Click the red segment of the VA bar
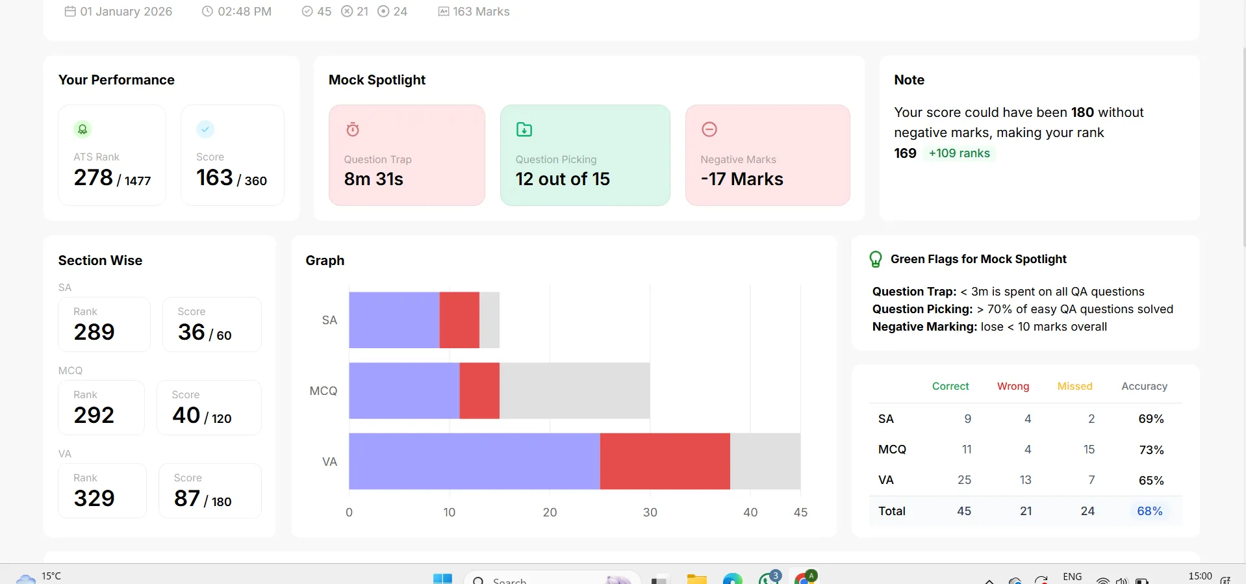coord(665,461)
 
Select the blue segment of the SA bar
coord(394,320)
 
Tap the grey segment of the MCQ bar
coord(574,390)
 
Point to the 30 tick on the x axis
coord(650,512)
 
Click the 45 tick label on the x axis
coord(800,512)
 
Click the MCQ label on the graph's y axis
coord(324,391)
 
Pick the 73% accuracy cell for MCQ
coord(1151,450)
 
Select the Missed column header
coord(1074,386)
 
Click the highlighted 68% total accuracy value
coord(1150,511)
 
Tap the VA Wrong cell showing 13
coord(1026,480)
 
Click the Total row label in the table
coord(892,511)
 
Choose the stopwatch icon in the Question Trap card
coord(353,129)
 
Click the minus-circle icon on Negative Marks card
coord(709,129)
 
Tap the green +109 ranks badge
coord(959,153)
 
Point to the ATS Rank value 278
coord(94,177)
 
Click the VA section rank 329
coord(94,498)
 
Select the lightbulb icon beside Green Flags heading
coord(876,259)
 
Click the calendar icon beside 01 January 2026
coord(70,11)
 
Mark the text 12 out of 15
coord(563,179)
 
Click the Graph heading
coord(325,260)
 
